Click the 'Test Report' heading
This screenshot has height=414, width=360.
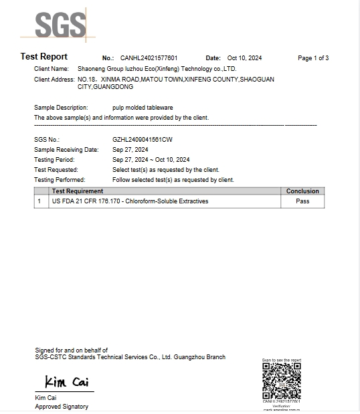pos(44,58)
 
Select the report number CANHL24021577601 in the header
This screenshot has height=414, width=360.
pos(149,59)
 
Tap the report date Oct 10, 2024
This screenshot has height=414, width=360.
pos(246,59)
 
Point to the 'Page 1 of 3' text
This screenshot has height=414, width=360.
pos(312,59)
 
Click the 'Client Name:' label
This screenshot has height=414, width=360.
pos(52,69)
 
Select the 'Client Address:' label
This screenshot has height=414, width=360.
pos(54,80)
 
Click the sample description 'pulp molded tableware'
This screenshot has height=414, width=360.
pos(143,108)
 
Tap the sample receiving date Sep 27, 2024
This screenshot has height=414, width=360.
pos(130,150)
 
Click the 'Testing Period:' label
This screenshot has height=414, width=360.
pos(54,160)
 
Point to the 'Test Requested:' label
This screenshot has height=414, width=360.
pos(56,170)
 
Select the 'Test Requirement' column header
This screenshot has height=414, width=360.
pos(78,191)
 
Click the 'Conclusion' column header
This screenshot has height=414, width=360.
pos(302,191)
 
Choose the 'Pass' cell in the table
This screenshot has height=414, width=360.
pos(302,201)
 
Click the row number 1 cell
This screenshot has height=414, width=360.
pos(39,201)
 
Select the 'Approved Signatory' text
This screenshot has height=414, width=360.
pos(62,407)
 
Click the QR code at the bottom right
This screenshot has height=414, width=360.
pos(281,380)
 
